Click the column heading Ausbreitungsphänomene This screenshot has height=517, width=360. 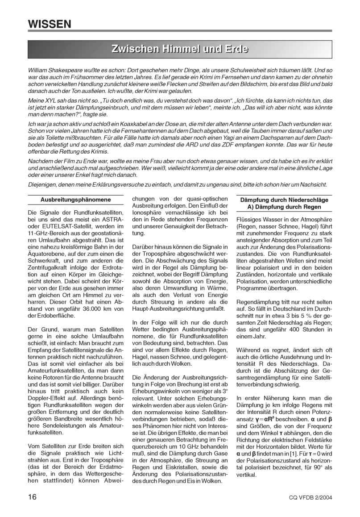pos(75,200)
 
